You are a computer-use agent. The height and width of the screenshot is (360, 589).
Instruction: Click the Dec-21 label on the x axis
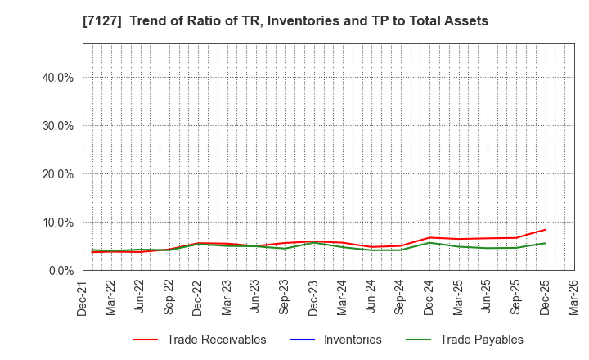click(83, 298)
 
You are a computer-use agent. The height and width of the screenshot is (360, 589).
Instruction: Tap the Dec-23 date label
click(314, 298)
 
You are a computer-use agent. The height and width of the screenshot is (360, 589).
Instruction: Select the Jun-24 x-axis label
click(371, 298)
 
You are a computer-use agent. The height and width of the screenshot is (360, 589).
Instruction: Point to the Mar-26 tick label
click(574, 298)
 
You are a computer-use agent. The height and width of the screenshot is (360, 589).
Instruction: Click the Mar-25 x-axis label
click(458, 298)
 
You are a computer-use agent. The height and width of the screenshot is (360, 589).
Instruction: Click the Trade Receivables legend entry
click(216, 340)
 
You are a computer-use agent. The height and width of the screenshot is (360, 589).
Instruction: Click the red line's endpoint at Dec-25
click(545, 230)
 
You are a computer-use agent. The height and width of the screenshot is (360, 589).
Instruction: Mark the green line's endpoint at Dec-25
click(545, 243)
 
